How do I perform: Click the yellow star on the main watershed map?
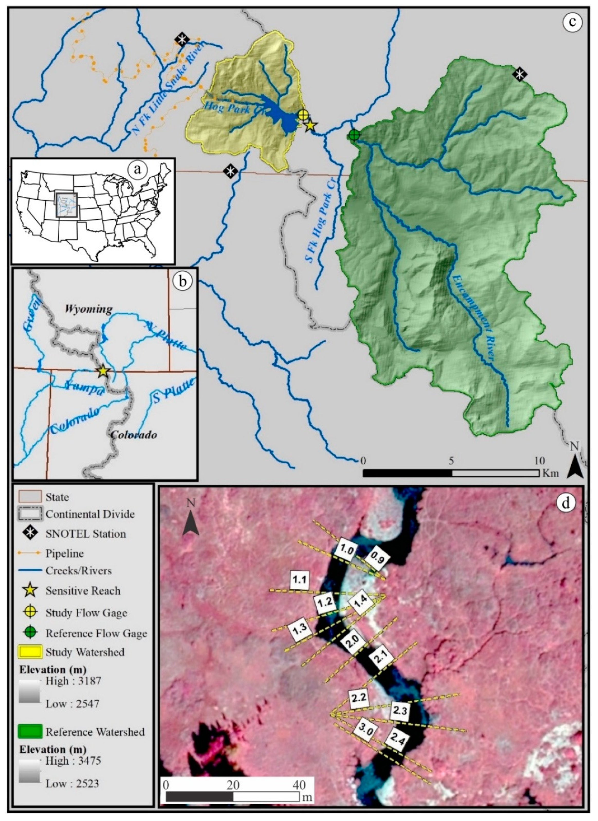[310, 126]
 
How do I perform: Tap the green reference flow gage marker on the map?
[354, 135]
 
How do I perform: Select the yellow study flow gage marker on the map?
[303, 115]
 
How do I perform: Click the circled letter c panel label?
[572, 22]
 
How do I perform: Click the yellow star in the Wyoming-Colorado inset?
[103, 371]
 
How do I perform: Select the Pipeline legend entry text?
[65, 553]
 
